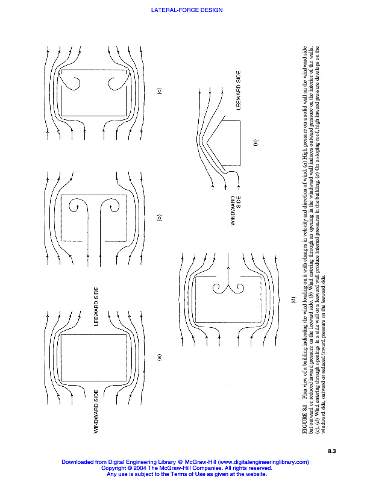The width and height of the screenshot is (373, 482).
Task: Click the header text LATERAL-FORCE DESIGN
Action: tap(186, 10)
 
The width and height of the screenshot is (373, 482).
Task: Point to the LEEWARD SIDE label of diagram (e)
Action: tap(239, 90)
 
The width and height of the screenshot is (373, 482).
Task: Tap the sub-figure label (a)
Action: tap(159, 357)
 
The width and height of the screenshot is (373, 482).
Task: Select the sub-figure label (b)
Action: tap(159, 219)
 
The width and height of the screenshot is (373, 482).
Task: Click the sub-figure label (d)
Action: tap(293, 299)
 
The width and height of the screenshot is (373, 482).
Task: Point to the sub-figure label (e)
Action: tap(255, 143)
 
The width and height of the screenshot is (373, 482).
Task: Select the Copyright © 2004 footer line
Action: tap(186, 468)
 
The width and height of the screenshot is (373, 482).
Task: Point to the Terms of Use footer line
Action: tap(186, 474)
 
